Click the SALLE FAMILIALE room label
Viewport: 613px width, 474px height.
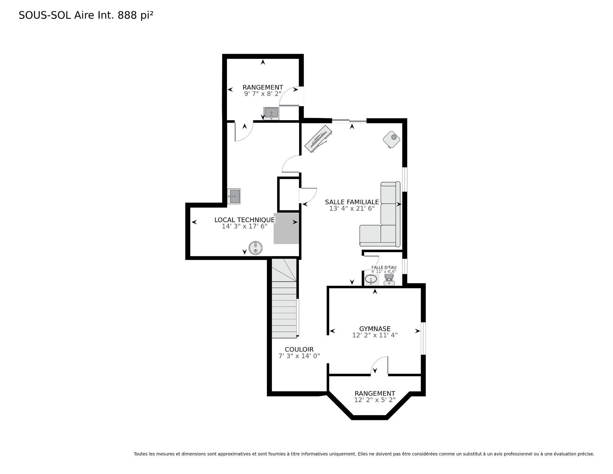pyautogui.click(x=352, y=202)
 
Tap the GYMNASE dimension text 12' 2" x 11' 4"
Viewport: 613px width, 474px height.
pyautogui.click(x=375, y=335)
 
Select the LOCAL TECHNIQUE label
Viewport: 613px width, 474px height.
pyautogui.click(x=244, y=220)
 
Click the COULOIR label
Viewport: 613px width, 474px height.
pyautogui.click(x=299, y=350)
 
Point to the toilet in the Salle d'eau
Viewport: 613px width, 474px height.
pyautogui.click(x=389, y=279)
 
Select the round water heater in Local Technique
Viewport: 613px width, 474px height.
pyautogui.click(x=255, y=248)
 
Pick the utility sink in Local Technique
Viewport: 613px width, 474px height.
pyautogui.click(x=234, y=196)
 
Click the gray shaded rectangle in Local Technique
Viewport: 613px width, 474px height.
pyautogui.click(x=286, y=228)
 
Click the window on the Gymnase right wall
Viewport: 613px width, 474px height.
pyautogui.click(x=423, y=338)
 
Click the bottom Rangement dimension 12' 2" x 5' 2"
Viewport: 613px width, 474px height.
pyautogui.click(x=375, y=400)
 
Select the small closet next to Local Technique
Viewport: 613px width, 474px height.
pyautogui.click(x=289, y=194)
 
